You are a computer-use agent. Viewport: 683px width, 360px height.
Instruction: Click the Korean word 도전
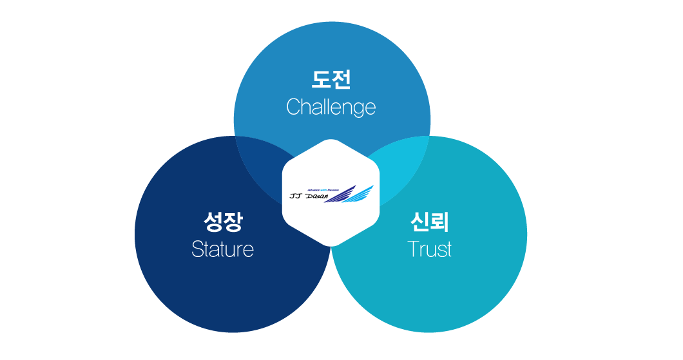pos(331,80)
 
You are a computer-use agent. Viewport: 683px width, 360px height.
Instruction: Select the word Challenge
pos(331,107)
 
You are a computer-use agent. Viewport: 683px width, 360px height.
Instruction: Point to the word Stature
pos(222,249)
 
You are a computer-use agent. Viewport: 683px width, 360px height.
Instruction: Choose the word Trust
pos(429,249)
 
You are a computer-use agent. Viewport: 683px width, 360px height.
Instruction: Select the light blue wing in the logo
pos(361,194)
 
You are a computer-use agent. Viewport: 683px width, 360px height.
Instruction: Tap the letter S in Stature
pos(197,249)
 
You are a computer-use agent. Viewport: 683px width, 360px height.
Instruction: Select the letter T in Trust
pos(413,249)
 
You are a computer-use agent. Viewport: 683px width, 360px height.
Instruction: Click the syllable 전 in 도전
pos(341,80)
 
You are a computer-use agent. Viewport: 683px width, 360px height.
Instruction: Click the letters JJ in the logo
pos(297,196)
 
